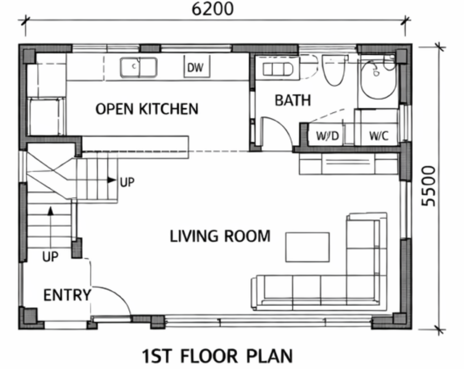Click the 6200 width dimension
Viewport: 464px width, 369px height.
pyautogui.click(x=213, y=9)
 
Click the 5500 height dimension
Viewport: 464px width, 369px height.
pyautogui.click(x=429, y=186)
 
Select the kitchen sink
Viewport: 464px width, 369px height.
pyautogui.click(x=139, y=67)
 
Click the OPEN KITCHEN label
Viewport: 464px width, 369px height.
pyautogui.click(x=147, y=109)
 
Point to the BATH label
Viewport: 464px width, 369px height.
pyautogui.click(x=293, y=100)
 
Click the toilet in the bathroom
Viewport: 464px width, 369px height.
pyautogui.click(x=333, y=70)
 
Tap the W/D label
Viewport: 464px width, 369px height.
pyautogui.click(x=327, y=136)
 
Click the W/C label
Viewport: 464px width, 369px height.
pyautogui.click(x=378, y=136)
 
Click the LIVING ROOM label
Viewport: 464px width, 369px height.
pyautogui.click(x=220, y=236)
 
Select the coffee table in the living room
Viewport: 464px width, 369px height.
pyautogui.click(x=308, y=247)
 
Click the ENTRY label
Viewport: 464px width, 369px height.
pyautogui.click(x=67, y=295)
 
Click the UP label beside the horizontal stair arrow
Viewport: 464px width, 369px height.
pyautogui.click(x=127, y=182)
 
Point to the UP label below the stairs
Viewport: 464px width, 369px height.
pyautogui.click(x=50, y=257)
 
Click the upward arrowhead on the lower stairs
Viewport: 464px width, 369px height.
pyautogui.click(x=51, y=211)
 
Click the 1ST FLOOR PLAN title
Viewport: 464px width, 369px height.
pyautogui.click(x=217, y=356)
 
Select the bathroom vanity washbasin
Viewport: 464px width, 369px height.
pyautogui.click(x=278, y=70)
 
